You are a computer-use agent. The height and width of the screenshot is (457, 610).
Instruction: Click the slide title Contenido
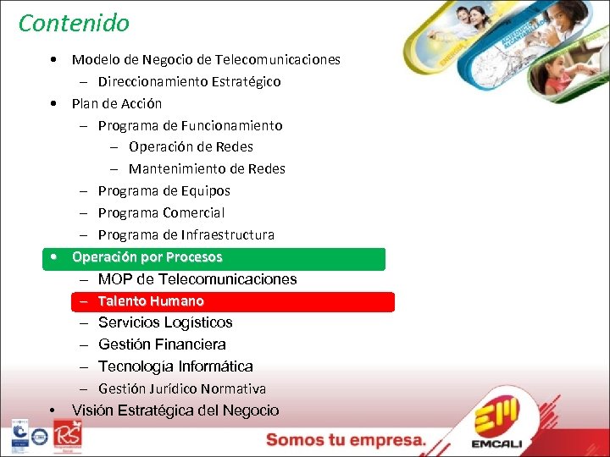[x=74, y=23]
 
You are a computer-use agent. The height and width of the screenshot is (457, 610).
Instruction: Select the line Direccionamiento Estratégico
[x=189, y=82]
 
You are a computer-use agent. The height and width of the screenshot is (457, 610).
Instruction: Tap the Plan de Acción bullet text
[x=117, y=104]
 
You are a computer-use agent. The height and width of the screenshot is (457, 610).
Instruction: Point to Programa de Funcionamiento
[x=190, y=126]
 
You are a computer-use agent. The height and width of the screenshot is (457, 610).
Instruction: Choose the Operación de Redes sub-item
[x=191, y=147]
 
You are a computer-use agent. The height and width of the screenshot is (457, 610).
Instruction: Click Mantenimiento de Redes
[x=207, y=169]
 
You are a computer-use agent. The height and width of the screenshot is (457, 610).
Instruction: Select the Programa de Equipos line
[x=164, y=191]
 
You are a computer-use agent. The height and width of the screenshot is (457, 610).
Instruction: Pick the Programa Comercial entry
[x=161, y=213]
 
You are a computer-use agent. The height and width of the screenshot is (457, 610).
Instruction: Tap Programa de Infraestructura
[x=186, y=234]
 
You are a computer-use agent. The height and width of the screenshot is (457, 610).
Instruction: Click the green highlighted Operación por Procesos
[x=147, y=257]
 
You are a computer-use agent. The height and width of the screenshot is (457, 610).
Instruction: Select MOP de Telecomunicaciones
[x=197, y=279]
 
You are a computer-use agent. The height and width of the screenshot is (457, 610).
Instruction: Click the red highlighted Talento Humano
[x=151, y=301]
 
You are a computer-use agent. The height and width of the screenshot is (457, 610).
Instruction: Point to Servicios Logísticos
[x=165, y=322]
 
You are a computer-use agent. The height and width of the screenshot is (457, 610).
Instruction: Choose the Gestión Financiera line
[x=162, y=344]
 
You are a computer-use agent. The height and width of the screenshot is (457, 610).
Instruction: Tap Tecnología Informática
[x=175, y=366]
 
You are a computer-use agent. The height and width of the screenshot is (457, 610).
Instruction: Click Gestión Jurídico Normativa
[x=182, y=389]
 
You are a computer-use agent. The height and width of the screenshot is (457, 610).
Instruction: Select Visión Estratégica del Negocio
[x=175, y=410]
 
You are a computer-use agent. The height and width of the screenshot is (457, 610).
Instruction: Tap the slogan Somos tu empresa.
[x=346, y=440]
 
